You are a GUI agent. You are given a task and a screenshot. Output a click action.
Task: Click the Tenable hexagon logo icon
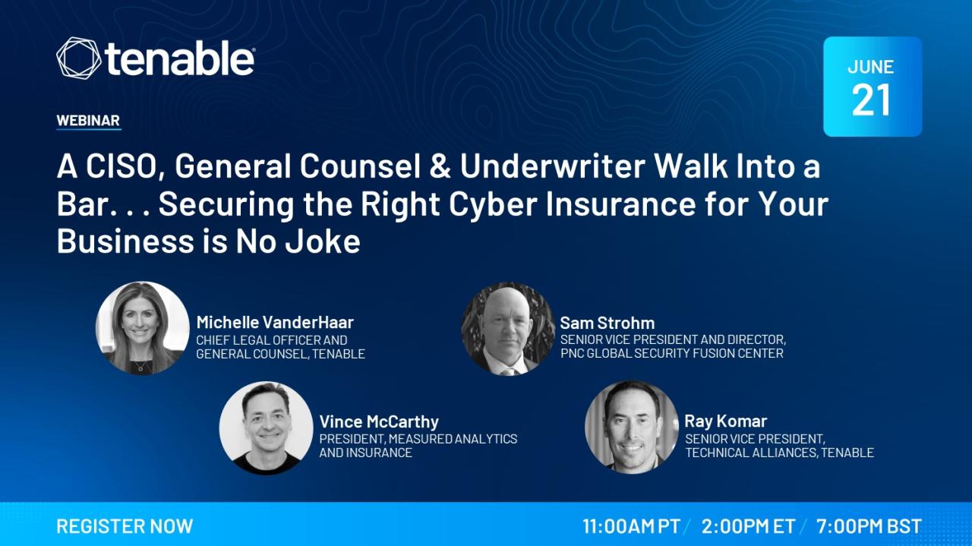click(78, 58)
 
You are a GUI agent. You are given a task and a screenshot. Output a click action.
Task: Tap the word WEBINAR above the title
click(88, 120)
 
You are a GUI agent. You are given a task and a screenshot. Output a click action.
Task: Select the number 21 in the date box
click(871, 100)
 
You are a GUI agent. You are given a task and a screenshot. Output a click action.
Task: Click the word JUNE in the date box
click(871, 67)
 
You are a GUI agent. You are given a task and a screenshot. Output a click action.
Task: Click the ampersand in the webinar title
click(440, 166)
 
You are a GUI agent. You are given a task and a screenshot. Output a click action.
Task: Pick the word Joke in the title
click(323, 241)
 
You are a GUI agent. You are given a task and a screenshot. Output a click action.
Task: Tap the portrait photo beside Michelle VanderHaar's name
click(142, 328)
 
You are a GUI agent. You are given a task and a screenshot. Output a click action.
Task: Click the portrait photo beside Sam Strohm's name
click(508, 329)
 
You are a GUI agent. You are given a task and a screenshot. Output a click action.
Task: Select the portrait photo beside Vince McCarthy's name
click(266, 428)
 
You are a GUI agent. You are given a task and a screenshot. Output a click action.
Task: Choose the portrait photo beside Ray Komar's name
click(631, 427)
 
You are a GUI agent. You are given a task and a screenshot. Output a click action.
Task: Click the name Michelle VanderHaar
click(275, 323)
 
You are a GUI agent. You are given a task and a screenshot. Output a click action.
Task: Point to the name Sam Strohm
click(607, 323)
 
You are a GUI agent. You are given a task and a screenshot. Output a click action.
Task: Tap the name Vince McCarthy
click(379, 422)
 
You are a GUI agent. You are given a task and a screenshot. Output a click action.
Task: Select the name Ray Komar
click(725, 421)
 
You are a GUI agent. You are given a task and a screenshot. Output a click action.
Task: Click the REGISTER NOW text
click(125, 526)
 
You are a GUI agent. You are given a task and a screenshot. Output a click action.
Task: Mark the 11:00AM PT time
click(631, 526)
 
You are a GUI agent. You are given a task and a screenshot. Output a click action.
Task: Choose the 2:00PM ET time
click(748, 526)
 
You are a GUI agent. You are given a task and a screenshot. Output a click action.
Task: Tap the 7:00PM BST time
click(869, 526)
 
